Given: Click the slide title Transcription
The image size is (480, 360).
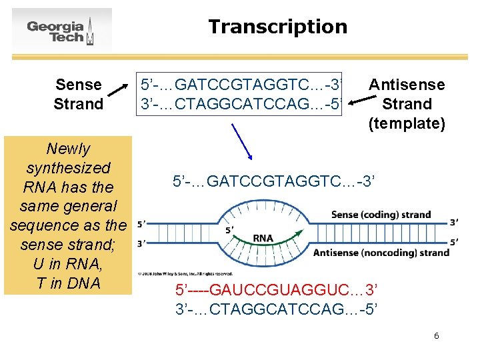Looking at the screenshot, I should (x=277, y=27).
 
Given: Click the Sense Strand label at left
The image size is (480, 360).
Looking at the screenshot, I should (x=78, y=94).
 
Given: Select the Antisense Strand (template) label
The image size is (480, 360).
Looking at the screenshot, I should (x=406, y=103).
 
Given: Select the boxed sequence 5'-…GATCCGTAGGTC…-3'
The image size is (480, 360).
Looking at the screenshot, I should (x=240, y=85).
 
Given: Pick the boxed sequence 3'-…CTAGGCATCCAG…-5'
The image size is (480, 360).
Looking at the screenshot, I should (x=240, y=104).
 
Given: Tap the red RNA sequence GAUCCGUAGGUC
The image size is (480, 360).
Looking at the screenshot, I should (x=276, y=291).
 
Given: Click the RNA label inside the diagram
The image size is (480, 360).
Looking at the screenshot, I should (x=263, y=238).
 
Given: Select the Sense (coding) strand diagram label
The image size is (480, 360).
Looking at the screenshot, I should (x=381, y=215).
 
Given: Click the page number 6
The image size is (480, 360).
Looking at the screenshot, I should (x=436, y=336).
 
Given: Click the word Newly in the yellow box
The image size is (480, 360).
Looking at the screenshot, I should (x=67, y=149).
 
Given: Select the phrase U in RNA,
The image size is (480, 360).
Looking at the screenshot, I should (x=67, y=264).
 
